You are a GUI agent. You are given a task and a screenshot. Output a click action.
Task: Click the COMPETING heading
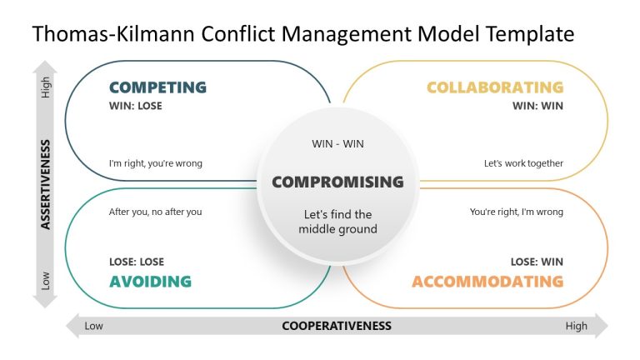pyautogui.click(x=157, y=87)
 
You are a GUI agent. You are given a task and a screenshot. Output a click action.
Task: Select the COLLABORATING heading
pyautogui.click(x=495, y=87)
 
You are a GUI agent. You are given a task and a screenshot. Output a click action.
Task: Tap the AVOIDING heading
pyautogui.click(x=150, y=282)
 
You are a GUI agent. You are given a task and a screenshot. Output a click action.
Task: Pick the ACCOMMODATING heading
pyautogui.click(x=487, y=282)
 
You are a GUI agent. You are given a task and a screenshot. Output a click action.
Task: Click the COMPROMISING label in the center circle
pyautogui.click(x=337, y=182)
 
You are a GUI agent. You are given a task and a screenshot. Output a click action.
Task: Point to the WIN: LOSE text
pyautogui.click(x=136, y=106)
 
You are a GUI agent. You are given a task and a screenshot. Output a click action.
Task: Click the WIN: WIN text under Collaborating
pyautogui.click(x=537, y=106)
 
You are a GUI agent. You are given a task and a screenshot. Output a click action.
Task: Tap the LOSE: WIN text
pyautogui.click(x=537, y=262)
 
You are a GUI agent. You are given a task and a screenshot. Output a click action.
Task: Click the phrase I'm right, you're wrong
pyautogui.click(x=156, y=163)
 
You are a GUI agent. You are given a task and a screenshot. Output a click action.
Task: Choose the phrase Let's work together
pyautogui.click(x=523, y=163)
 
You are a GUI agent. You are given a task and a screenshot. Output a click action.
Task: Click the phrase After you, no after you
pyautogui.click(x=156, y=212)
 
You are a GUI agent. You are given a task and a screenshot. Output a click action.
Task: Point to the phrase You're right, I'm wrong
pyautogui.click(x=517, y=212)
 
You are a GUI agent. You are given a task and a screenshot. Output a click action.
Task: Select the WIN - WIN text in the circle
pyautogui.click(x=337, y=143)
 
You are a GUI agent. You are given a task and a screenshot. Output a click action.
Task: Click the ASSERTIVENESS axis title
pyautogui.click(x=46, y=184)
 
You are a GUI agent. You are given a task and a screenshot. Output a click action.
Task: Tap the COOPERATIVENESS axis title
pyautogui.click(x=337, y=326)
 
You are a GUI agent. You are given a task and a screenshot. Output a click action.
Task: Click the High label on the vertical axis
pyautogui.click(x=46, y=87)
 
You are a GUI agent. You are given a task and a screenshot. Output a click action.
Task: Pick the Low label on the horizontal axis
pyautogui.click(x=94, y=326)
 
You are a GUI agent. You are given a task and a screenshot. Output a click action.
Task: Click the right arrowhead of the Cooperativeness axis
pyautogui.click(x=602, y=326)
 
